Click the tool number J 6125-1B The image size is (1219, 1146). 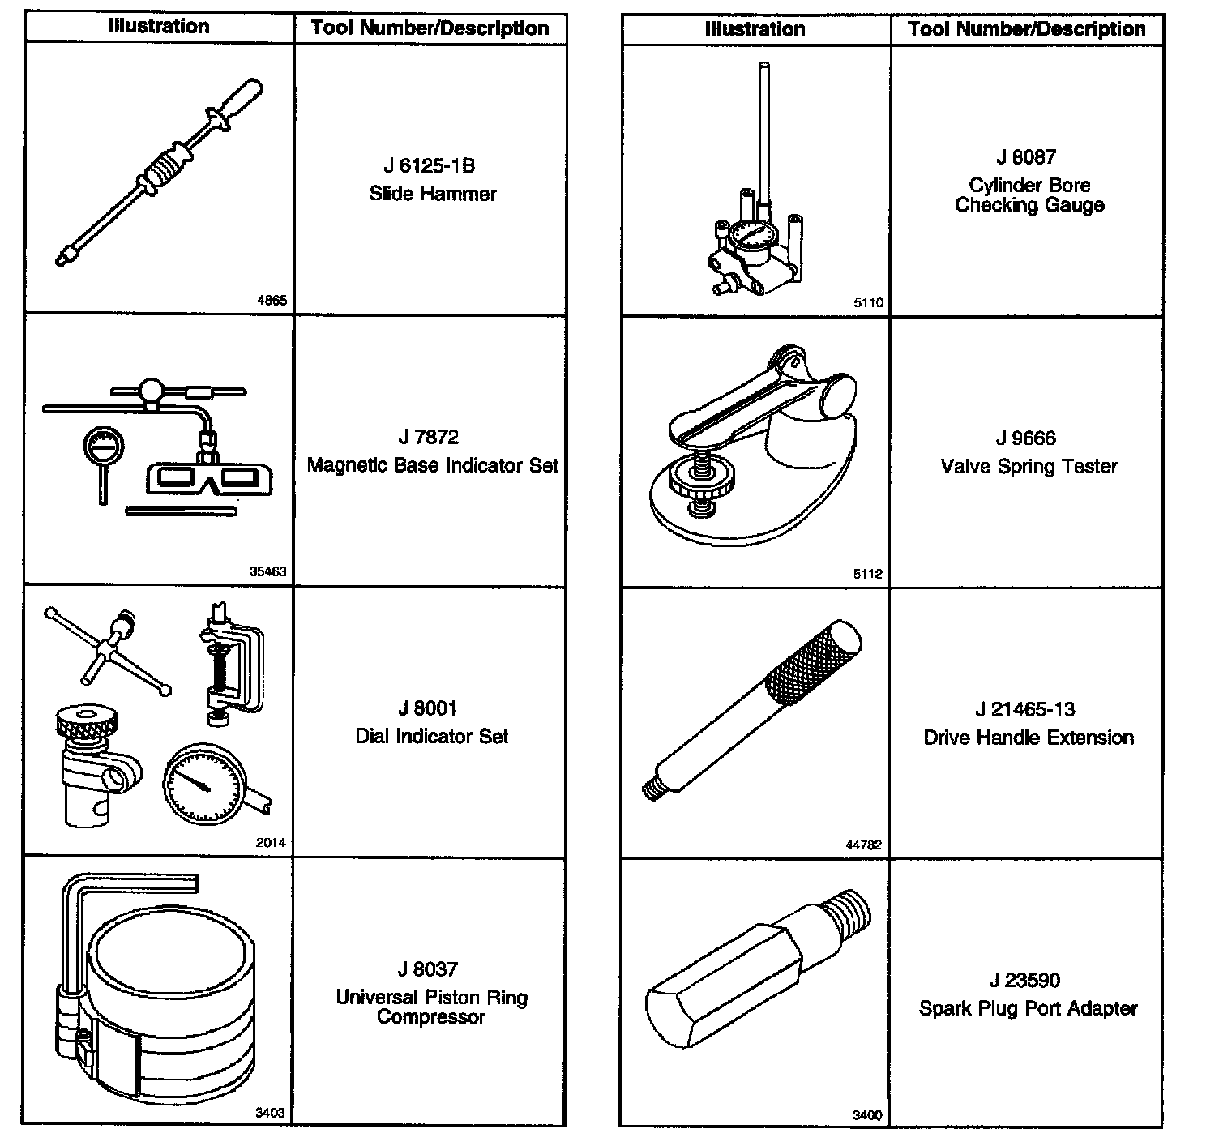429,166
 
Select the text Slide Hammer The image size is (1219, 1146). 432,194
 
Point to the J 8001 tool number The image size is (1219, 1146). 427,709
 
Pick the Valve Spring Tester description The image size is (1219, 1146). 1029,467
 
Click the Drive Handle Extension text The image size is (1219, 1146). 1028,738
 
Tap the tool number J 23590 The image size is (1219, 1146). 1024,981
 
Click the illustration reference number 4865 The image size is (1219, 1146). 272,301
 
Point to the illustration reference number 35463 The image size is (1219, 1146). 267,571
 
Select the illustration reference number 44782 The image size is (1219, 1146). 863,845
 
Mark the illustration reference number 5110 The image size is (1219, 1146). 867,303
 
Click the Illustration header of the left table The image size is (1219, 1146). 159,27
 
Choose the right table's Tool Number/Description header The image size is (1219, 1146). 1026,30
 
